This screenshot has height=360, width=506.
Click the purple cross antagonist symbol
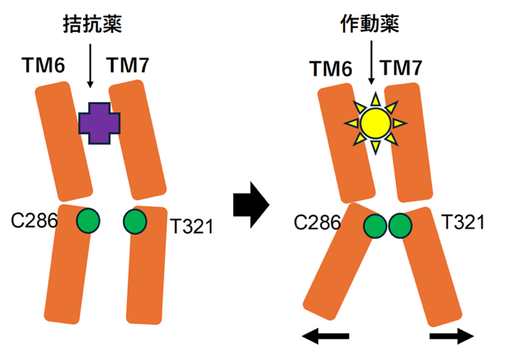pyautogui.click(x=100, y=122)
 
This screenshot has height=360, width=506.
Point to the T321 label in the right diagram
pyautogui.click(x=462, y=222)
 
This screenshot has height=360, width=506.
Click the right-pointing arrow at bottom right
pyautogui.click(x=452, y=336)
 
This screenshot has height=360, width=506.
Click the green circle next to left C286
pyautogui.click(x=88, y=220)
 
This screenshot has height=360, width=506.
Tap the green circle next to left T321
pyautogui.click(x=135, y=220)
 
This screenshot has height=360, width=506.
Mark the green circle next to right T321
pyautogui.click(x=399, y=226)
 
